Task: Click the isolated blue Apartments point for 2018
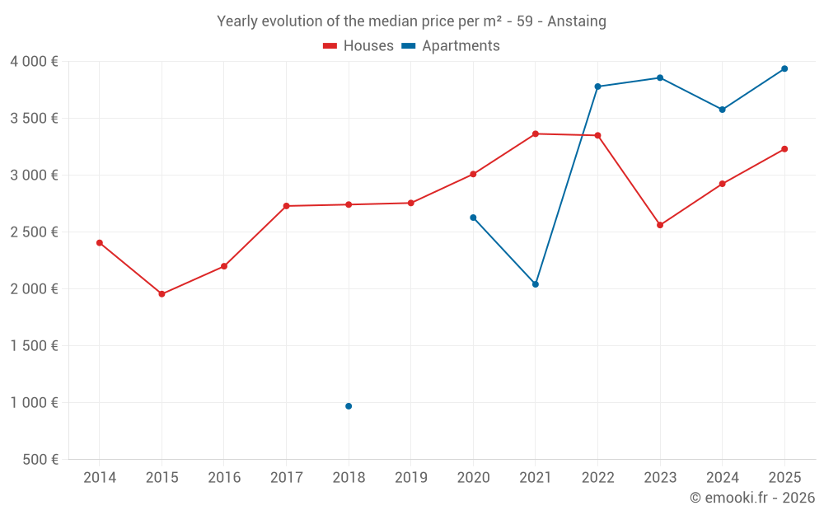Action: click(349, 406)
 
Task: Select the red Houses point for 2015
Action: click(162, 294)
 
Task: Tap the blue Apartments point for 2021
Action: click(536, 284)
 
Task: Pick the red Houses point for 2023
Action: click(660, 225)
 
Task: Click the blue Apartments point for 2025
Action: click(784, 68)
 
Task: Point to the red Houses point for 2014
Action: click(100, 243)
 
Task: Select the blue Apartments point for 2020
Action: click(473, 218)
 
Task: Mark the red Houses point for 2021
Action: click(536, 133)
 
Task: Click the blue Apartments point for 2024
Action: click(723, 110)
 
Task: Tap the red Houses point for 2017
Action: click(286, 206)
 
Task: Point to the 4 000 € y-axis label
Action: click(34, 62)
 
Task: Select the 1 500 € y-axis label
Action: click(34, 346)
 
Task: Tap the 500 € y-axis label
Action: click(40, 460)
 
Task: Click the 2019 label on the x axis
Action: click(411, 478)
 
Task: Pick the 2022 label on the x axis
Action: click(597, 478)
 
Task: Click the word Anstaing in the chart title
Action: click(576, 21)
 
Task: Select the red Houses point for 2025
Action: click(784, 149)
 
